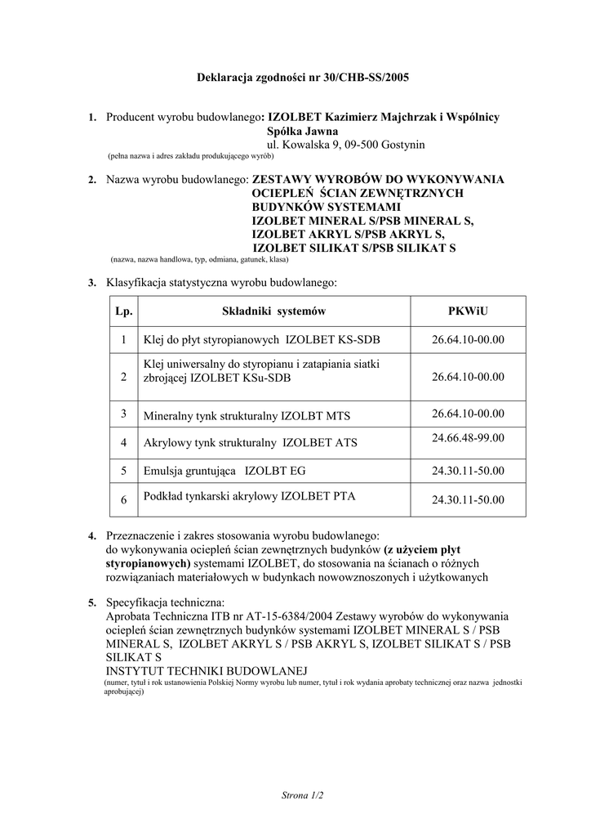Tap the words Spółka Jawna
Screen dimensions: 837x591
click(302, 131)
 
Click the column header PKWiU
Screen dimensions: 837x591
click(468, 311)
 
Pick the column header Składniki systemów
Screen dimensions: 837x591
click(274, 311)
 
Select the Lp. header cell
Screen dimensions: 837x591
click(123, 311)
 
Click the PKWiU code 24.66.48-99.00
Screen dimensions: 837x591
click(468, 438)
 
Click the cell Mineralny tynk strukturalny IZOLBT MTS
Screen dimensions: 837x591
click(247, 416)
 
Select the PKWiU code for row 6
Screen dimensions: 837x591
click(468, 500)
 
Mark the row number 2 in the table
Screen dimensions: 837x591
click(123, 377)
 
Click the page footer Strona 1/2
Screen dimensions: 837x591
click(302, 794)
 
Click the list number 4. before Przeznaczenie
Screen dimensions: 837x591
click(92, 535)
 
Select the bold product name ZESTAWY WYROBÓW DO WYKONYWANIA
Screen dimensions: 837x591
click(378, 179)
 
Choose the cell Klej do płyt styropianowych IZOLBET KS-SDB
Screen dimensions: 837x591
click(261, 340)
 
